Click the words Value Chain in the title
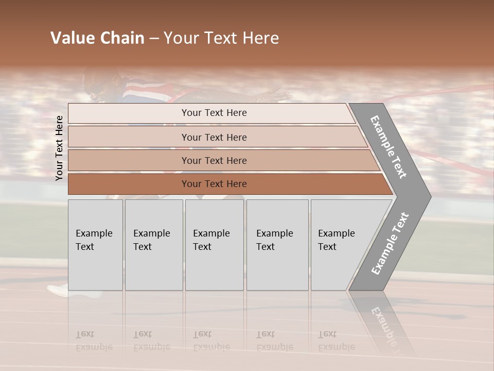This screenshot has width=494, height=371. tap(97, 38)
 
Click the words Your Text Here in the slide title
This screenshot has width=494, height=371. tap(221, 38)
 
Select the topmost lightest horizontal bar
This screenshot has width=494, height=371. tap(211, 113)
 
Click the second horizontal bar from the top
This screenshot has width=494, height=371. tap(216, 137)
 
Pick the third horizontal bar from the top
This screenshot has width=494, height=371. tap(221, 160)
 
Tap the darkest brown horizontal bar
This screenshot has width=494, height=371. tap(226, 184)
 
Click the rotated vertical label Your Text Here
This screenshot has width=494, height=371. tap(59, 148)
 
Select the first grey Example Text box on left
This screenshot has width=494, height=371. tap(95, 245)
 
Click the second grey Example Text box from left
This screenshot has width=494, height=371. tap(154, 245)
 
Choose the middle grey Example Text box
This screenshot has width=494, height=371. tap(214, 245)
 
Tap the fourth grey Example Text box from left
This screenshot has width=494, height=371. tap(277, 245)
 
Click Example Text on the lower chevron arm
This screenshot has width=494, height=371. tap(390, 243)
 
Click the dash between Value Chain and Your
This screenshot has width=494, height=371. tap(154, 39)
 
